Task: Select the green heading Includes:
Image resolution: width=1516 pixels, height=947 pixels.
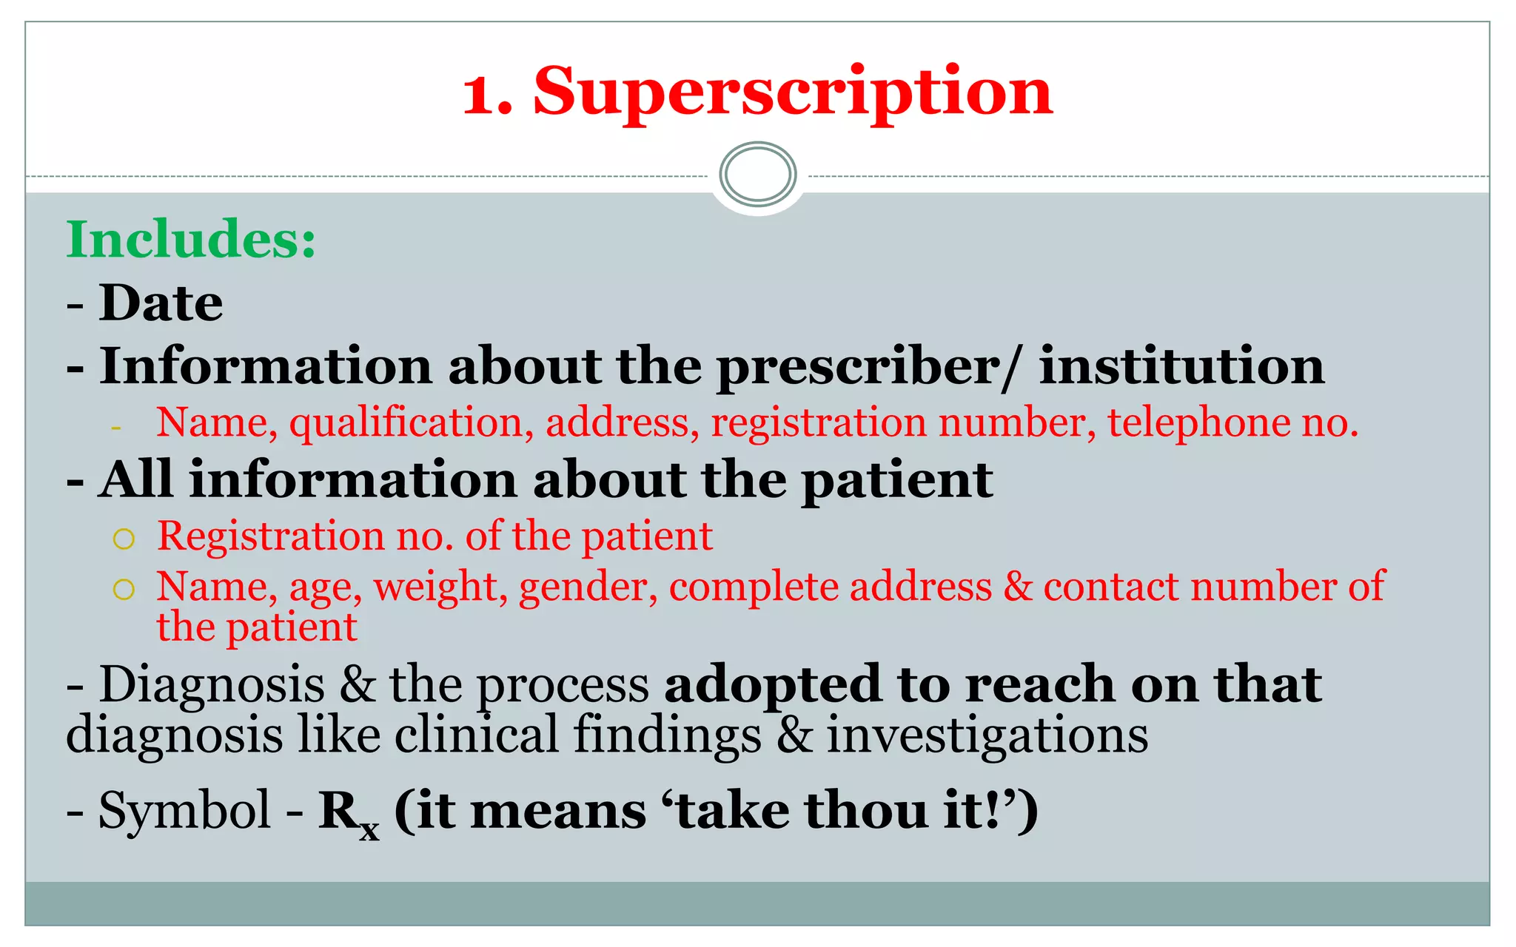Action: tap(191, 240)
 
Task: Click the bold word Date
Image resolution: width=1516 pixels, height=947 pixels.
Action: tap(161, 303)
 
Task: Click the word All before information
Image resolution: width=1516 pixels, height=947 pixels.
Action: tap(136, 480)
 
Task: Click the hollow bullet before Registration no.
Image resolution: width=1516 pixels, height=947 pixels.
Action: tap(124, 539)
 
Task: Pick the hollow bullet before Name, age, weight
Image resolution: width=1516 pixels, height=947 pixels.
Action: tap(124, 590)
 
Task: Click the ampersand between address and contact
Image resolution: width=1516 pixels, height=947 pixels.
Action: tap(1017, 587)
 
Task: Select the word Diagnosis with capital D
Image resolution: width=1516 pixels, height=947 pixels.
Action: tap(212, 684)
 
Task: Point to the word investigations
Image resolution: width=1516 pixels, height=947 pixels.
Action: tap(987, 736)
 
